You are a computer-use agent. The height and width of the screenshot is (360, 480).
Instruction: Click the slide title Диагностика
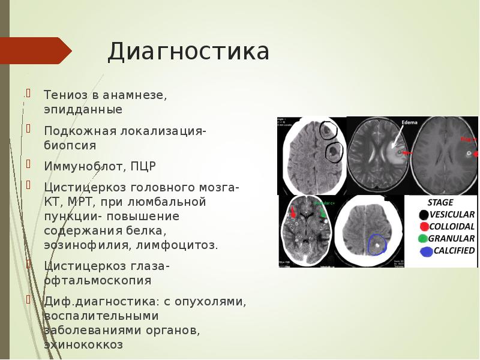[188, 52]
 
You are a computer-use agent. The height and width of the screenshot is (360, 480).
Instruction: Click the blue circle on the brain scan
[377, 244]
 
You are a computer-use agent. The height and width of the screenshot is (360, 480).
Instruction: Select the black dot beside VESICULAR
[424, 214]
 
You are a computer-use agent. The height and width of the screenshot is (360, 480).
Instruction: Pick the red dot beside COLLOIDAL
[424, 226]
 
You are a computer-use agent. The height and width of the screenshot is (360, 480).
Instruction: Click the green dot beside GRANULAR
[424, 238]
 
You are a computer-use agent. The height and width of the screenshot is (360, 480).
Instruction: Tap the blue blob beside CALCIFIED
[427, 251]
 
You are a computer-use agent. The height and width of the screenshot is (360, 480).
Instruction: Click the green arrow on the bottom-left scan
[323, 211]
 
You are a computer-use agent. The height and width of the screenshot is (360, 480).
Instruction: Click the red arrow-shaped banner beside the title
[36, 50]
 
